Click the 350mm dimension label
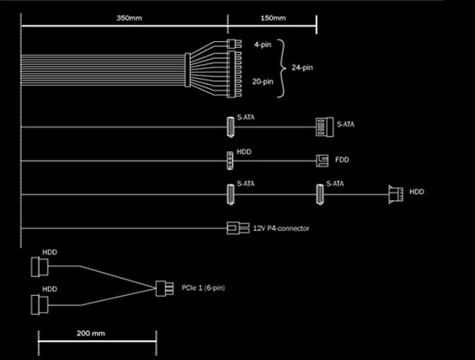(129, 18)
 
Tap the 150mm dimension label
(273, 18)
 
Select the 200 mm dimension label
(91, 333)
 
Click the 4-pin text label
(263, 44)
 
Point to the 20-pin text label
(263, 81)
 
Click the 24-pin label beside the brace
(302, 68)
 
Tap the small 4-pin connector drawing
(235, 44)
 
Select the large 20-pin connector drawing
(235, 74)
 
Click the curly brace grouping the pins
(282, 68)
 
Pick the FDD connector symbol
(322, 161)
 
